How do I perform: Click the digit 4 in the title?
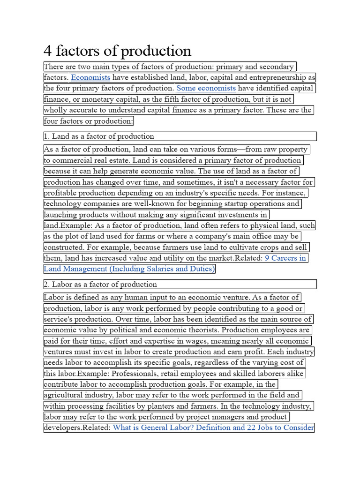pyautogui.click(x=47, y=51)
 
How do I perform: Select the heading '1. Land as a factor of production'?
pyautogui.click(x=99, y=136)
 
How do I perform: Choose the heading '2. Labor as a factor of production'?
pyautogui.click(x=100, y=285)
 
